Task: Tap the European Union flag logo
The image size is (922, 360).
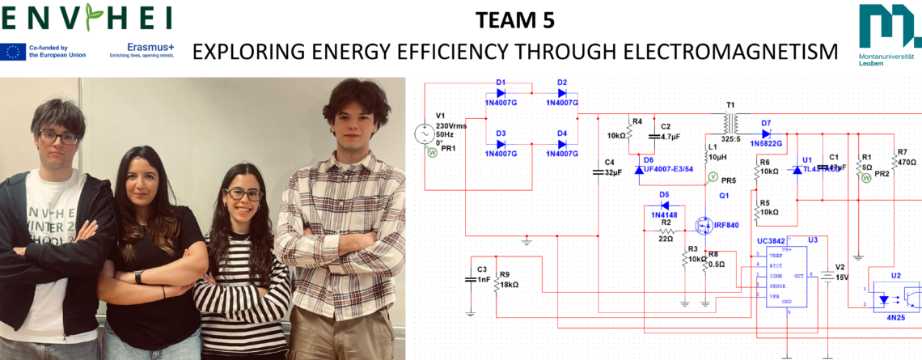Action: (x=13, y=52)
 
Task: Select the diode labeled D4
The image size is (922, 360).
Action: (x=562, y=144)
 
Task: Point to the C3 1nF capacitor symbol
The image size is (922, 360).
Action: (x=471, y=279)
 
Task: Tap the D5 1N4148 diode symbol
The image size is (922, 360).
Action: (x=664, y=205)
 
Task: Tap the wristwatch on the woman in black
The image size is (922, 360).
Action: (x=140, y=277)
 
